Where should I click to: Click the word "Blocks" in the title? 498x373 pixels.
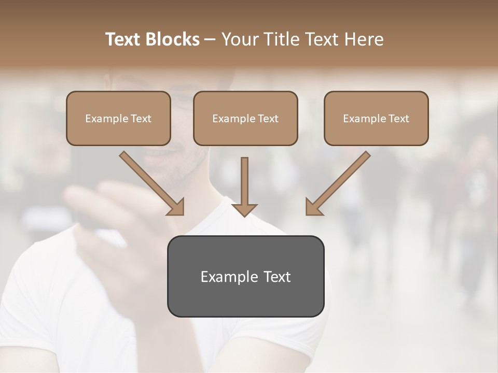point(173,39)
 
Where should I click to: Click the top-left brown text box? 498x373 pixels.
point(118,118)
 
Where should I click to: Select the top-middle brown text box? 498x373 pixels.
point(245,118)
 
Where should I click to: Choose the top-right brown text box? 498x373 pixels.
point(376,118)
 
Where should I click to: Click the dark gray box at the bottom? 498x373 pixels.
point(245,276)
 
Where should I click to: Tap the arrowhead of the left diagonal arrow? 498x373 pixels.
point(176,208)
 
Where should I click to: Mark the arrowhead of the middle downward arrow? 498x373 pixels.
point(244,209)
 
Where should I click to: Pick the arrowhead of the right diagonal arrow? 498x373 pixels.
point(313,208)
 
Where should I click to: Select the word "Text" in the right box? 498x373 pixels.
point(399,119)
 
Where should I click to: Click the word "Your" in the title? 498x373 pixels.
point(238,39)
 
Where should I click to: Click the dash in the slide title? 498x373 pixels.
point(210,39)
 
